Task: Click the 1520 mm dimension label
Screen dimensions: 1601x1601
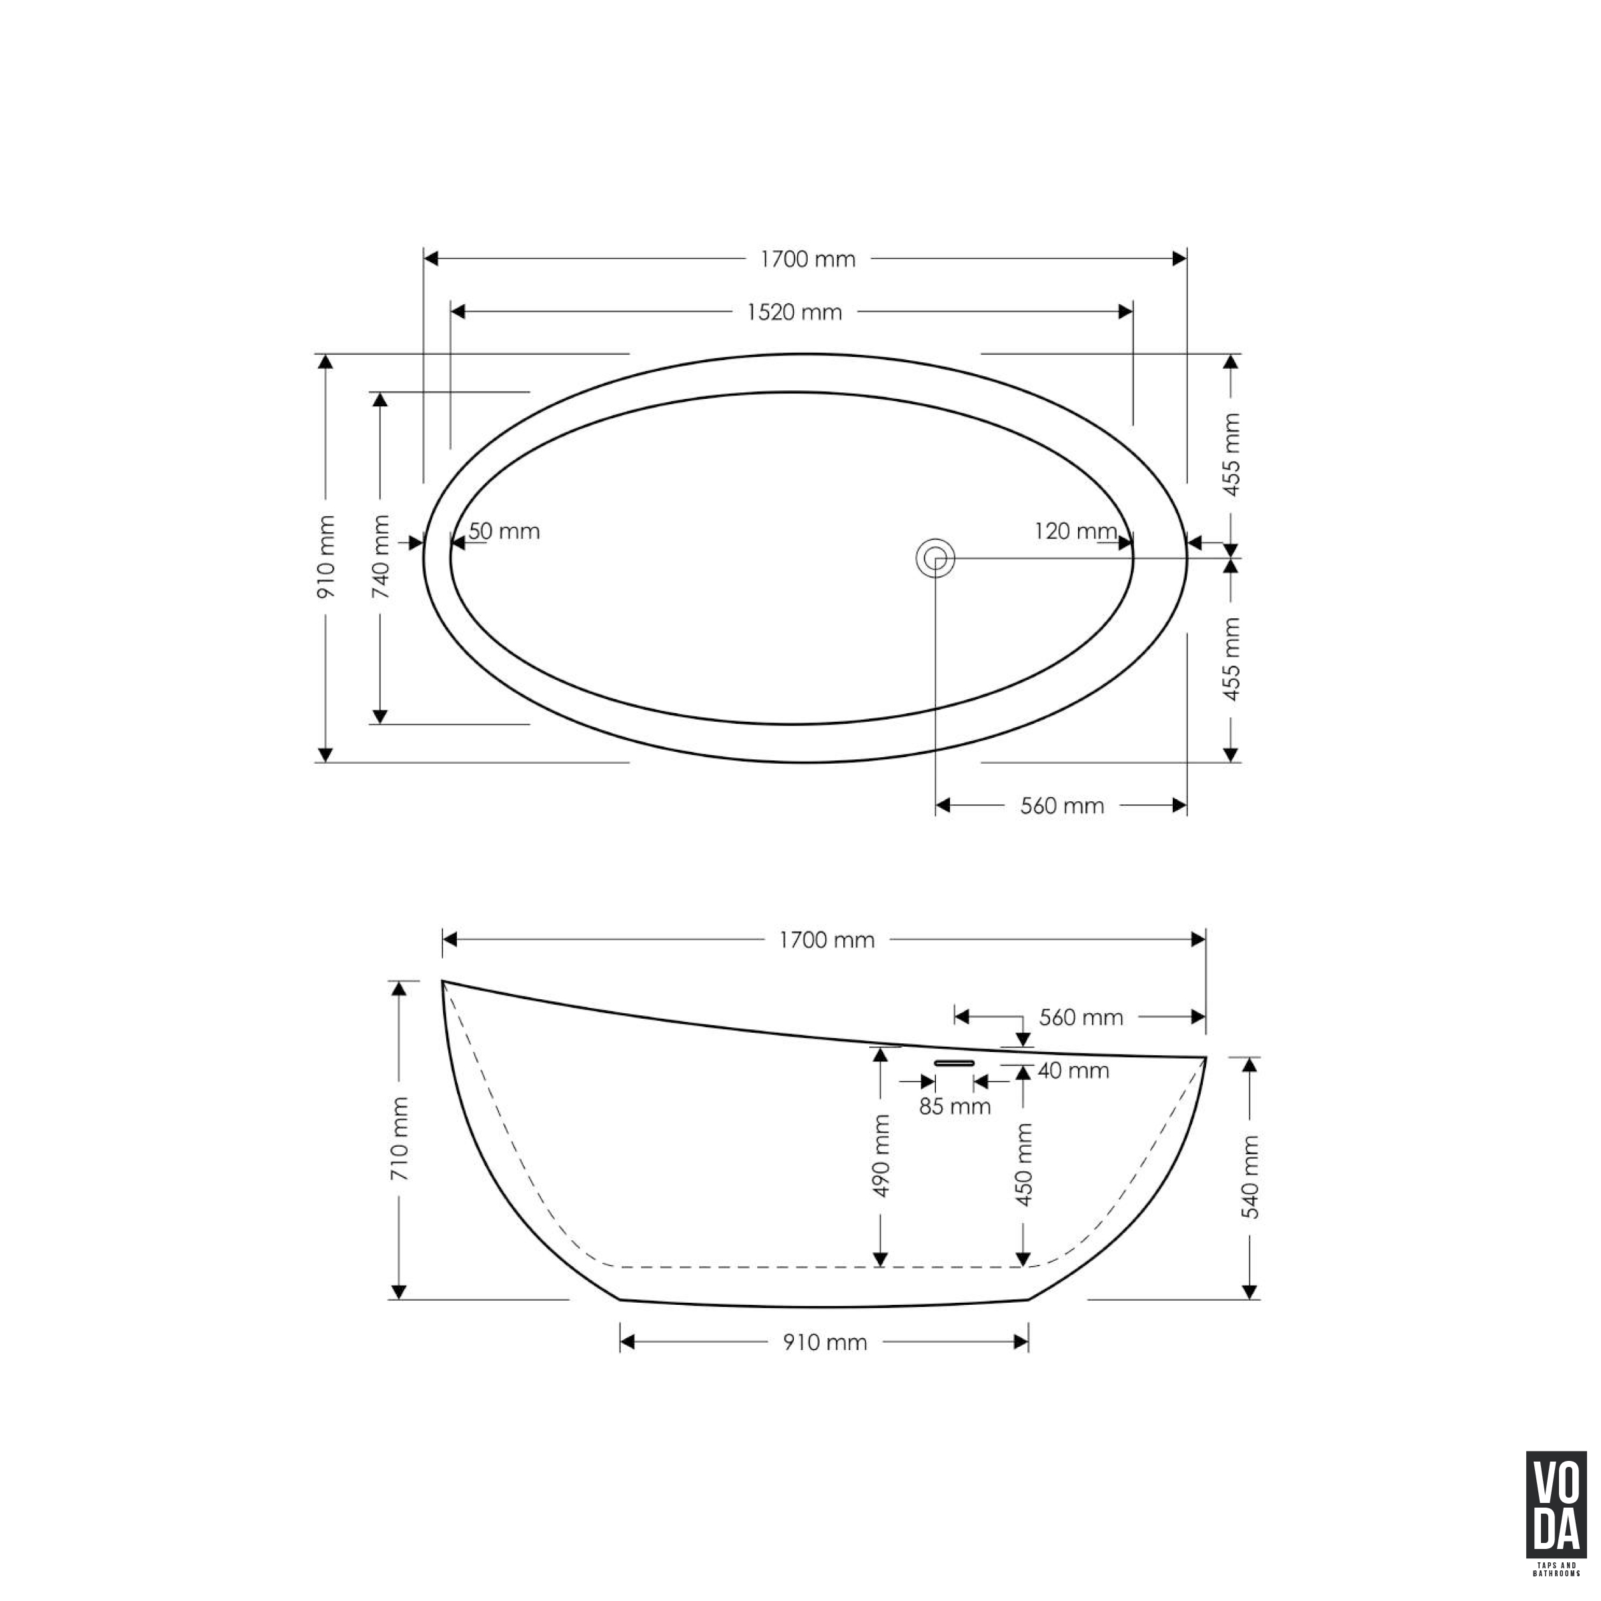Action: (x=794, y=312)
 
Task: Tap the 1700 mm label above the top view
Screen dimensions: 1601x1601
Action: (x=808, y=259)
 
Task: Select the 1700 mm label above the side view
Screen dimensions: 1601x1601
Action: (x=827, y=940)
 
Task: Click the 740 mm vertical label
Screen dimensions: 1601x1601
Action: (x=381, y=557)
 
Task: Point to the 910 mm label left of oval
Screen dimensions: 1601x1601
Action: (x=326, y=557)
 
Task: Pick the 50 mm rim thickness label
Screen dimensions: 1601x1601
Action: (x=504, y=531)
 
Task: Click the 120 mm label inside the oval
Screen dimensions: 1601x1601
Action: (x=1075, y=530)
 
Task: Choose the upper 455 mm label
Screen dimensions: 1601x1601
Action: (x=1232, y=454)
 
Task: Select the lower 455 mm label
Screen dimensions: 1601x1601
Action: (x=1232, y=659)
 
